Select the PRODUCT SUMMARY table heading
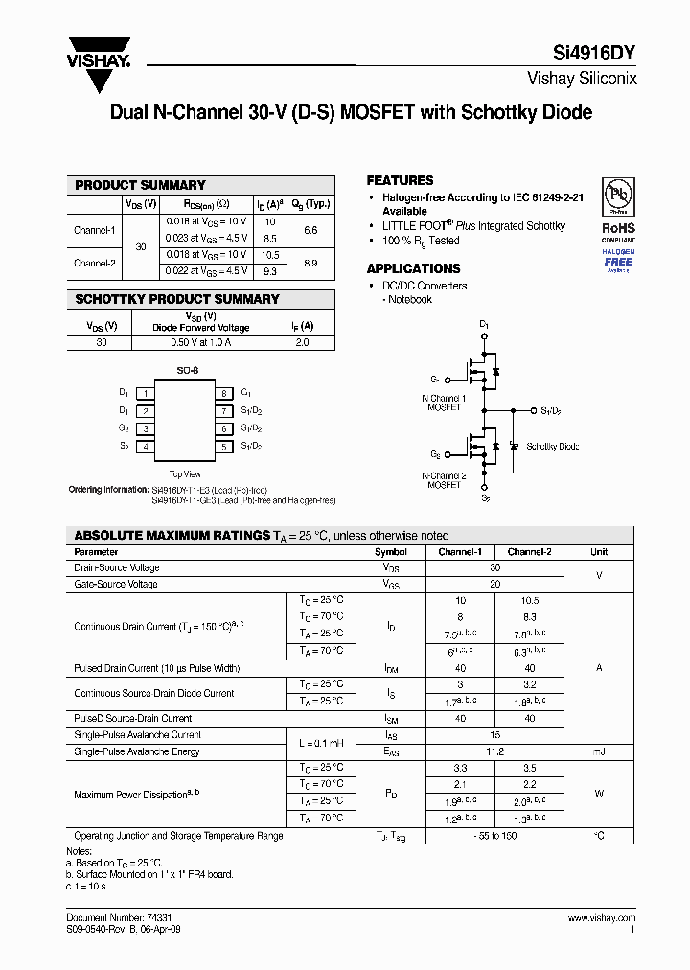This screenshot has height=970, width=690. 140,185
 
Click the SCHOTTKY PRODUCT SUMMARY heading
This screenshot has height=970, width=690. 177,299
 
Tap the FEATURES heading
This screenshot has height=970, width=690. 400,180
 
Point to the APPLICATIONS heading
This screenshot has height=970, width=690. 413,268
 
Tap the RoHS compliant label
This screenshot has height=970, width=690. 618,228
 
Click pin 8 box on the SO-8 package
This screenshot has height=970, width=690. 222,393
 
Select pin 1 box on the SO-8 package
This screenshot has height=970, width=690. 145,393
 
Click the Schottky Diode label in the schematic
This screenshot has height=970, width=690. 552,447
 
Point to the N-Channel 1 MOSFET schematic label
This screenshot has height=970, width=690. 444,403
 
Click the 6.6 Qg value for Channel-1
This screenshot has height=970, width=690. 310,231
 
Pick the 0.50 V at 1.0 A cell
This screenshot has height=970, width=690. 200,342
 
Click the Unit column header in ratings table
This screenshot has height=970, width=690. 599,552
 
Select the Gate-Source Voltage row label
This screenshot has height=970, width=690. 116,584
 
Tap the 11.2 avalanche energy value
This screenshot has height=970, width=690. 494,751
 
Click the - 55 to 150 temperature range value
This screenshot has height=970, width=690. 494,836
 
